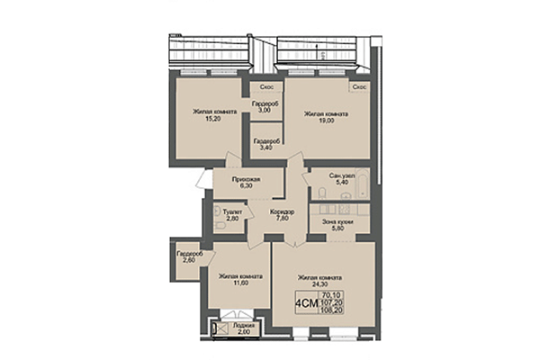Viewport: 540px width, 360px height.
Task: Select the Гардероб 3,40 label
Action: pos(265,145)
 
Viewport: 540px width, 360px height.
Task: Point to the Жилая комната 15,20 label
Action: pos(214,116)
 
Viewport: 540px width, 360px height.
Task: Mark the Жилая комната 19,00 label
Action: pos(325,119)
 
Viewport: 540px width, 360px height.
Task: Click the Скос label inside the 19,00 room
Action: pos(358,87)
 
